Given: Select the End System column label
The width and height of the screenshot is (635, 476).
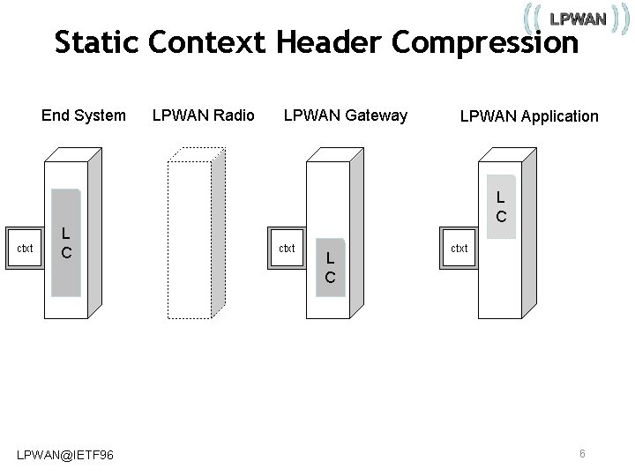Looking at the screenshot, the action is (84, 115).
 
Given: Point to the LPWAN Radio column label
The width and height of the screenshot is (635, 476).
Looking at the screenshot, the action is (204, 115).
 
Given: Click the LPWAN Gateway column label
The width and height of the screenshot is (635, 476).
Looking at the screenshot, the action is (346, 115).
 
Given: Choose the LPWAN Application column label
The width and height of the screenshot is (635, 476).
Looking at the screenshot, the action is (529, 115).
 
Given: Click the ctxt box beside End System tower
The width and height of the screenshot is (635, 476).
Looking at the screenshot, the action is (26, 249).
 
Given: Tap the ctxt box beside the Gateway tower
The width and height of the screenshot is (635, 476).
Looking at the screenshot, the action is (287, 249).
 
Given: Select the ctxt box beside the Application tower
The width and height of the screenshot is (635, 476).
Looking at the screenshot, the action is (459, 249).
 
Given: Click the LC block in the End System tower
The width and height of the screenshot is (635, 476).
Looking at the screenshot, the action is (66, 243).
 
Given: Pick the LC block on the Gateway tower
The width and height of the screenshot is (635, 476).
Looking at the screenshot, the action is (330, 267).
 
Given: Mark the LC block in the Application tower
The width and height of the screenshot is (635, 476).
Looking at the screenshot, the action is (500, 206).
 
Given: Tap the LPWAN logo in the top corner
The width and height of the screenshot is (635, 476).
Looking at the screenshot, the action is (578, 19).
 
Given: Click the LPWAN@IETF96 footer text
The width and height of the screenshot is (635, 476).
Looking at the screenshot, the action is (65, 454).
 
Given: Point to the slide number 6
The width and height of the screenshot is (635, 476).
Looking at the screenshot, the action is (582, 453).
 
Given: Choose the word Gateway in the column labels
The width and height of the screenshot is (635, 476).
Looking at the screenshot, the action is (377, 115).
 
